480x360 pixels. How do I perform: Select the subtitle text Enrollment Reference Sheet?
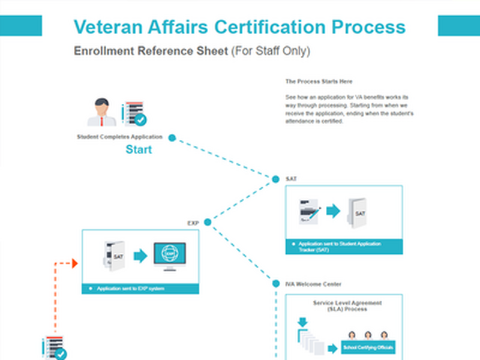(x=150, y=51)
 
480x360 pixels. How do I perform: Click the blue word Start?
(x=139, y=149)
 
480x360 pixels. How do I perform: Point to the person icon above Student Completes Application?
(x=102, y=112)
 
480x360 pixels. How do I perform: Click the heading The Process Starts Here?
(x=319, y=81)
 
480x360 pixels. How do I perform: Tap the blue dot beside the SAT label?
(x=275, y=179)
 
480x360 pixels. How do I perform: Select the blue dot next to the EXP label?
(x=208, y=222)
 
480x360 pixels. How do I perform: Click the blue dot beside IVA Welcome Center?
(x=275, y=283)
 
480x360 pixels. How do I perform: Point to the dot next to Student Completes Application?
(x=172, y=137)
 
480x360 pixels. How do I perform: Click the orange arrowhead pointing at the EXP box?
(x=74, y=263)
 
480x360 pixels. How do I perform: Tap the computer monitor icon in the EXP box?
(x=170, y=256)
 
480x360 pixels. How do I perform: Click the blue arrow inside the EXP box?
(x=140, y=256)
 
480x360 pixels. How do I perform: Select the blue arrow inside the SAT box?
(x=334, y=211)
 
